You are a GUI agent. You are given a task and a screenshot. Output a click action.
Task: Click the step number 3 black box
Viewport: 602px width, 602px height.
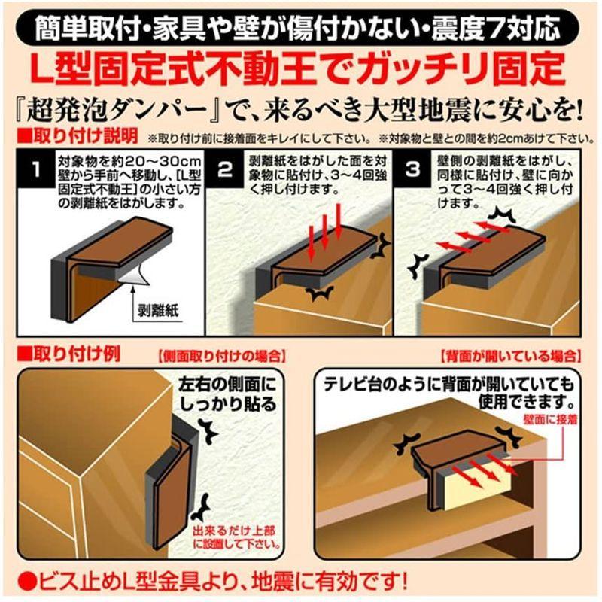[413, 169]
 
